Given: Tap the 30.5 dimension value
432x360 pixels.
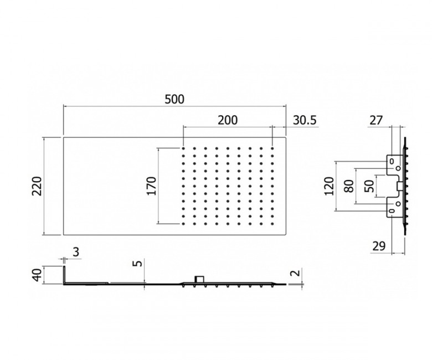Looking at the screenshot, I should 304,120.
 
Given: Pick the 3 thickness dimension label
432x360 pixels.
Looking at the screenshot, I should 76,252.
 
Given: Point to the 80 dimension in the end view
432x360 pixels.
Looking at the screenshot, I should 348,186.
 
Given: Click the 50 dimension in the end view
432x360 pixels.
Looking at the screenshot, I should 367,186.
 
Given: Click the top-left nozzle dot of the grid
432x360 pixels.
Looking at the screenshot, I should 183,148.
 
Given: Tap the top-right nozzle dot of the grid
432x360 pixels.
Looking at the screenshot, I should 274,148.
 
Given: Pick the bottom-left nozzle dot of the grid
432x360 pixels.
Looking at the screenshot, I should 183,224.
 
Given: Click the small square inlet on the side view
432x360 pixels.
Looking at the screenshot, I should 200,279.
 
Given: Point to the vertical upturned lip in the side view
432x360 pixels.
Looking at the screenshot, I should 65,275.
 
